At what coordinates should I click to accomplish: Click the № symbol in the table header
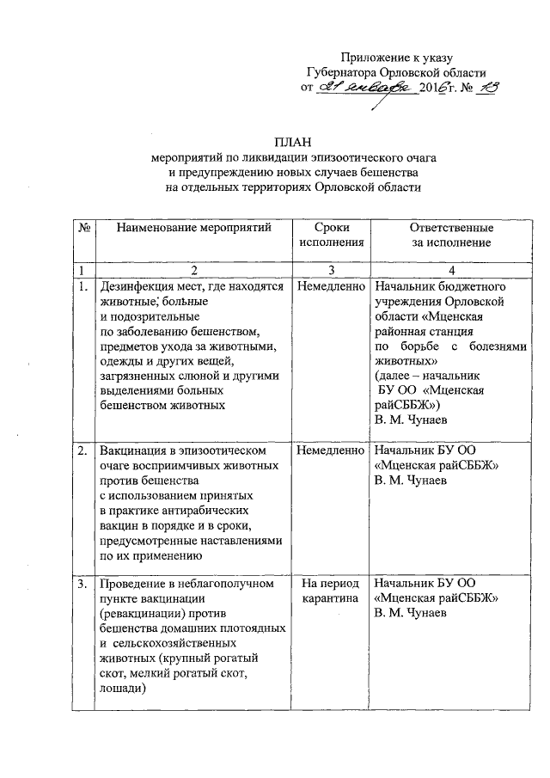85,228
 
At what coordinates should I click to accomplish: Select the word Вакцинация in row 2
134,450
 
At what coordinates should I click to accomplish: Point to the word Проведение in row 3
135,585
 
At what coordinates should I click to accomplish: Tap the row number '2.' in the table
82,450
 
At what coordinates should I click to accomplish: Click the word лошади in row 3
124,689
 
